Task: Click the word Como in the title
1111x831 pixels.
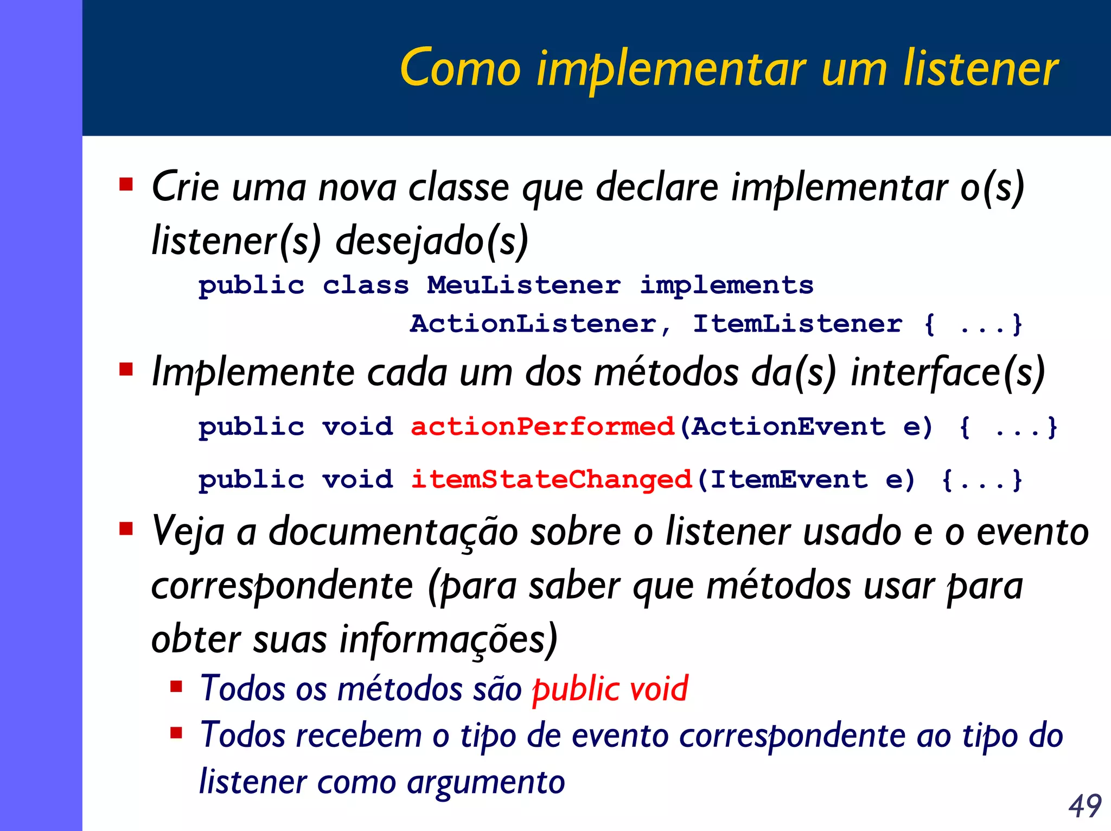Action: [460, 69]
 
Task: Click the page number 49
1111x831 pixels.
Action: [1085, 805]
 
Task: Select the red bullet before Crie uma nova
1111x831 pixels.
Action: [126, 185]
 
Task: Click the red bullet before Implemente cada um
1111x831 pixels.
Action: [126, 370]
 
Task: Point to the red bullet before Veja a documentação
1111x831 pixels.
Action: [126, 528]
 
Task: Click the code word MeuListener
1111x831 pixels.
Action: [523, 286]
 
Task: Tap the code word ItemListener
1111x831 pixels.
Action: [798, 324]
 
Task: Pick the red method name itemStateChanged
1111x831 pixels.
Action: [551, 480]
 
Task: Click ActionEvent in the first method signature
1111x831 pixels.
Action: [788, 427]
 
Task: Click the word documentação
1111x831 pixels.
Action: [393, 532]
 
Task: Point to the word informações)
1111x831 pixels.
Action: [448, 639]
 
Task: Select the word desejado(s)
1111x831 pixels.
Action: [432, 241]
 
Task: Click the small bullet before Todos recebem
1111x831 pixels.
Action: [176, 734]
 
